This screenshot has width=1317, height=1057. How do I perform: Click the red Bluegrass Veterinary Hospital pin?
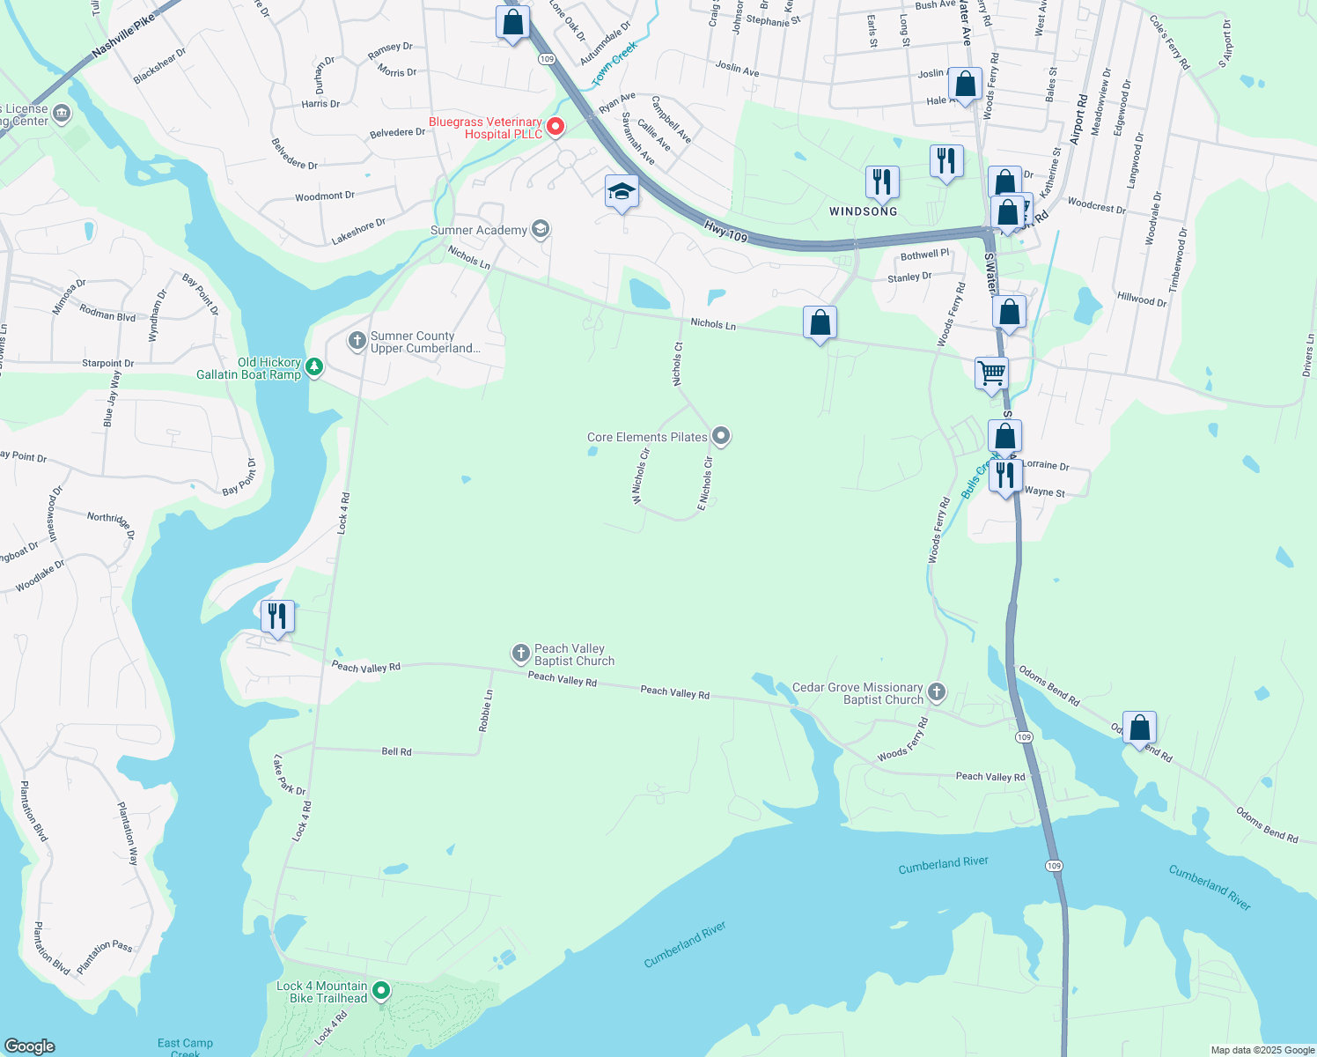[555, 127]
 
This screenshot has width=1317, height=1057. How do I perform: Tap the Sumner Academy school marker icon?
[541, 230]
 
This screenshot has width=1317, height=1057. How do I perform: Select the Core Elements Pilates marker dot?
[721, 436]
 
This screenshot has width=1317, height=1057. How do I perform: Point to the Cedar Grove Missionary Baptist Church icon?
[937, 692]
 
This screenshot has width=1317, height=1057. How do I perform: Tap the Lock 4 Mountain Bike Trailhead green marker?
[381, 991]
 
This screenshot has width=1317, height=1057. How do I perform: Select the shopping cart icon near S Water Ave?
[991, 373]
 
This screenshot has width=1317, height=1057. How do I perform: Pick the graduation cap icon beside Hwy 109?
[622, 191]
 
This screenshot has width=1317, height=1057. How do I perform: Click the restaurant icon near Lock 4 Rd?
[277, 617]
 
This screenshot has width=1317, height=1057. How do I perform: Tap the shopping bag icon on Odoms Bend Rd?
[1139, 728]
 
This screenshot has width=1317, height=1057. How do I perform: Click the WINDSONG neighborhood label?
[863, 211]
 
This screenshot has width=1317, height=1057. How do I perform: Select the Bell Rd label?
[396, 751]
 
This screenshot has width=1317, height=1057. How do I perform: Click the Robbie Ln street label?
[486, 711]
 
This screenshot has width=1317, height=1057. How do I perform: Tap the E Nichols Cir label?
[705, 484]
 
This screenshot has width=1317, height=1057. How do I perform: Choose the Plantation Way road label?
[128, 833]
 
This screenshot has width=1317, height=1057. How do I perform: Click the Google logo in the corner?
[30, 1046]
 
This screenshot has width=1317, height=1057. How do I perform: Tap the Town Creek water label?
[614, 65]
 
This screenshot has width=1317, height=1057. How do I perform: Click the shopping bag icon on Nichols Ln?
[820, 323]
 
